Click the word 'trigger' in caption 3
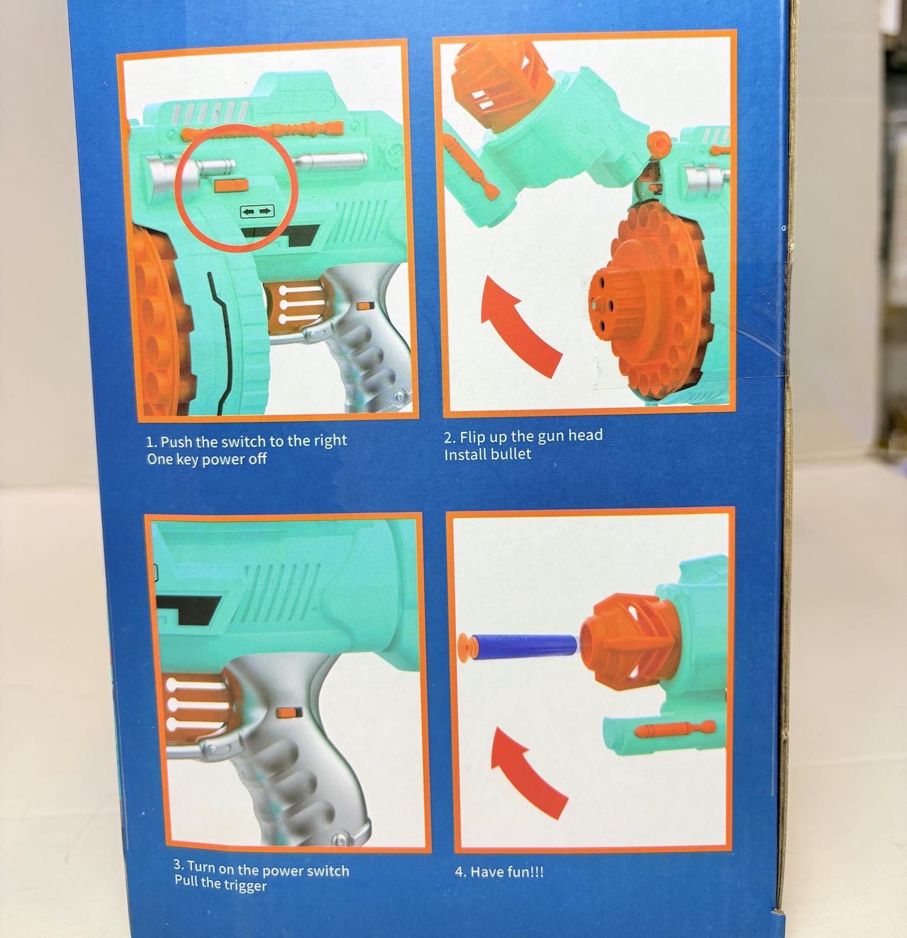pyautogui.click(x=241, y=883)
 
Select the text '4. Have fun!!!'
pyautogui.click(x=499, y=871)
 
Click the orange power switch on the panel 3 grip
pyautogui.click(x=287, y=712)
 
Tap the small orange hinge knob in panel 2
pyautogui.click(x=659, y=142)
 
